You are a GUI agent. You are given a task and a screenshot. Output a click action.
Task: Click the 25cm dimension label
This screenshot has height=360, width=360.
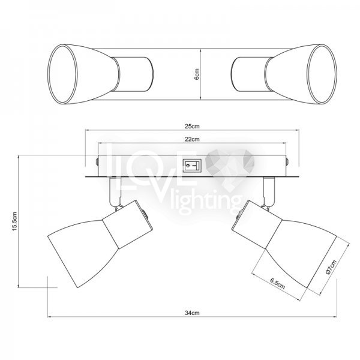coord(192,126)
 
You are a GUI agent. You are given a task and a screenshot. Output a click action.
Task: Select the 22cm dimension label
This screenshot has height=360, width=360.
coord(192,139)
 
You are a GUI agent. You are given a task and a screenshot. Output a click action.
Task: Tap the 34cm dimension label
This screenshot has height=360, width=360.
coord(192,313)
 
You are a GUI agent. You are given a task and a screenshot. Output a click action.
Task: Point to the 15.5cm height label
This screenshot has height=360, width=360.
coord(14,221)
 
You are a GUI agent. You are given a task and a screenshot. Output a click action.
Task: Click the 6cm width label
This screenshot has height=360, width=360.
coord(197,74)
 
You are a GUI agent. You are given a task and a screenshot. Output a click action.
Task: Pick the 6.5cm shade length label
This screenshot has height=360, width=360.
coord(277,284)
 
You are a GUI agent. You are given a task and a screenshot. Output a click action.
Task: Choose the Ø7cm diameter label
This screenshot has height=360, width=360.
coord(331,267)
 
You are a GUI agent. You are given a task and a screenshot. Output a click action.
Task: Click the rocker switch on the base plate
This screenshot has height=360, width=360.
coord(192,166)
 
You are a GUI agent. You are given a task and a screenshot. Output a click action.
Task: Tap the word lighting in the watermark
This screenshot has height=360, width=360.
coord(205,202)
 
